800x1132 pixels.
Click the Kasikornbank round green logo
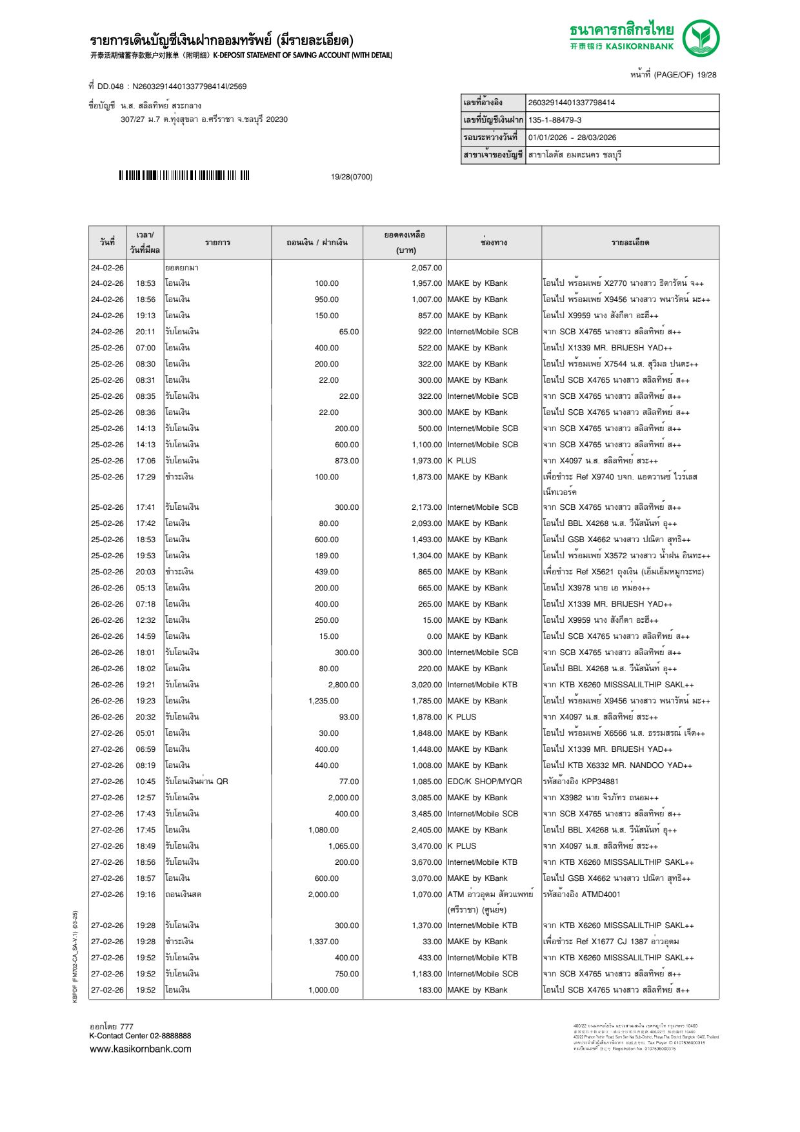tap(701, 37)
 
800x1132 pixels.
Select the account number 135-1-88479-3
tap(554, 120)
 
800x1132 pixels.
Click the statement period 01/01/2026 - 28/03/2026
tap(572, 137)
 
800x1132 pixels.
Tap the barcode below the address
tap(184, 176)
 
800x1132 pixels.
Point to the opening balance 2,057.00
tap(426, 268)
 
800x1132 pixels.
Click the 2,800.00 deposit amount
tap(343, 685)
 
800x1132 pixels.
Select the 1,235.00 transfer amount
tap(323, 701)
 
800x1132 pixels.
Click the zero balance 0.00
tap(434, 636)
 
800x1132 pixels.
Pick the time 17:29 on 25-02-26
tap(145, 477)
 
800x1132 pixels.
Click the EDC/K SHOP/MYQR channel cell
tap(485, 782)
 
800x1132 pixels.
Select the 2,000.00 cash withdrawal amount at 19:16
tap(323, 894)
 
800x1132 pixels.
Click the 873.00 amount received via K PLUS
tap(346, 461)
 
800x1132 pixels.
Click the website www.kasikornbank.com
tap(141, 1049)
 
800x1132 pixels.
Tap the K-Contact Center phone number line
tap(140, 1036)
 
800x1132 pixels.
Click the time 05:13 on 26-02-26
tap(145, 588)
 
